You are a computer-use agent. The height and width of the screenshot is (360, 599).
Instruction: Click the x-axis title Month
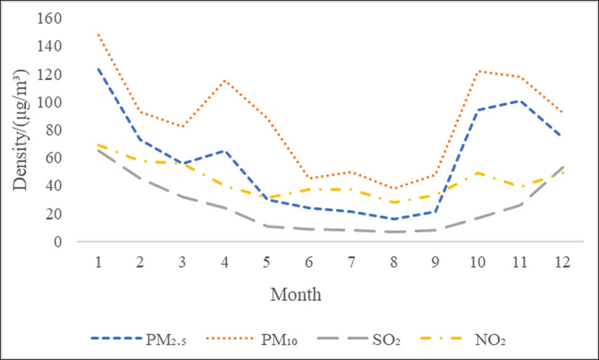coord(296,295)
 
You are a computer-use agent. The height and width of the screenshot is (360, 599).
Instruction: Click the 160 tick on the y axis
coord(49,18)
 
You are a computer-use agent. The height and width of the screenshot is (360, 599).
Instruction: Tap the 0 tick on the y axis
coord(57,241)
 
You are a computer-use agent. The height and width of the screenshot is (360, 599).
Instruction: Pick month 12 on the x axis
coord(561,262)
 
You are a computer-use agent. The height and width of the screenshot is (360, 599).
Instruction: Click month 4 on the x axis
coord(224,262)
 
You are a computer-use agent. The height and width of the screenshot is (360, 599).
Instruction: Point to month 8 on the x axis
coord(393,262)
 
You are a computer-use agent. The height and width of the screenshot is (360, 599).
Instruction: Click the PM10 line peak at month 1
coord(98,34)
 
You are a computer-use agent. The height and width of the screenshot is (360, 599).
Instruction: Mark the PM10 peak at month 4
coord(224,80)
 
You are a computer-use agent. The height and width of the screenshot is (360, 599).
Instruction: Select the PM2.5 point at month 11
coord(519,101)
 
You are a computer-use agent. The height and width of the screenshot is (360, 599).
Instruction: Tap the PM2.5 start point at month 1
coord(98,69)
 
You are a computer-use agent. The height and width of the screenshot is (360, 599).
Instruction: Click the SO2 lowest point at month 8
coord(393,232)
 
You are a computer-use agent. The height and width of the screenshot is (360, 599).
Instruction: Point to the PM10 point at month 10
coord(477,71)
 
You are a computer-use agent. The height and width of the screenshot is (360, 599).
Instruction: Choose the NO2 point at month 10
coord(477,173)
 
